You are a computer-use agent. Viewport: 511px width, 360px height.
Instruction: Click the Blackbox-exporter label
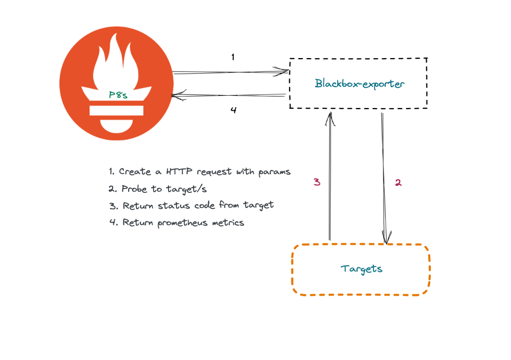[359, 84]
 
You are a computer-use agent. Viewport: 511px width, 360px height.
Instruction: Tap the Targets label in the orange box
[361, 269]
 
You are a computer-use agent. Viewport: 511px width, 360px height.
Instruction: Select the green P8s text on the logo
[118, 95]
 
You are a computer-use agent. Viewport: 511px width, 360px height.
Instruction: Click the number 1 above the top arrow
[233, 57]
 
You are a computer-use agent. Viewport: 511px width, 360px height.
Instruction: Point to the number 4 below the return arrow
[233, 110]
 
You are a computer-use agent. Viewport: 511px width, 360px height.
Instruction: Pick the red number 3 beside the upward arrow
[317, 182]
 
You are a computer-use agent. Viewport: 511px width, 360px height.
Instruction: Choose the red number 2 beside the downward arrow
[398, 183]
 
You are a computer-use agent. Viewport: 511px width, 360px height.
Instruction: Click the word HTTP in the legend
[179, 171]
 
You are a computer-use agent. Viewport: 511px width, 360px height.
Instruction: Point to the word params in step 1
[274, 172]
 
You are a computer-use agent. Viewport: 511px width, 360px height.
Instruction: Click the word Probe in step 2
[134, 189]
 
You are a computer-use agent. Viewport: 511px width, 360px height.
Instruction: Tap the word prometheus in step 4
[182, 223]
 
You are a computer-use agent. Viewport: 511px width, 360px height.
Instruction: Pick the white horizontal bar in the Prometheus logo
[117, 110]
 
